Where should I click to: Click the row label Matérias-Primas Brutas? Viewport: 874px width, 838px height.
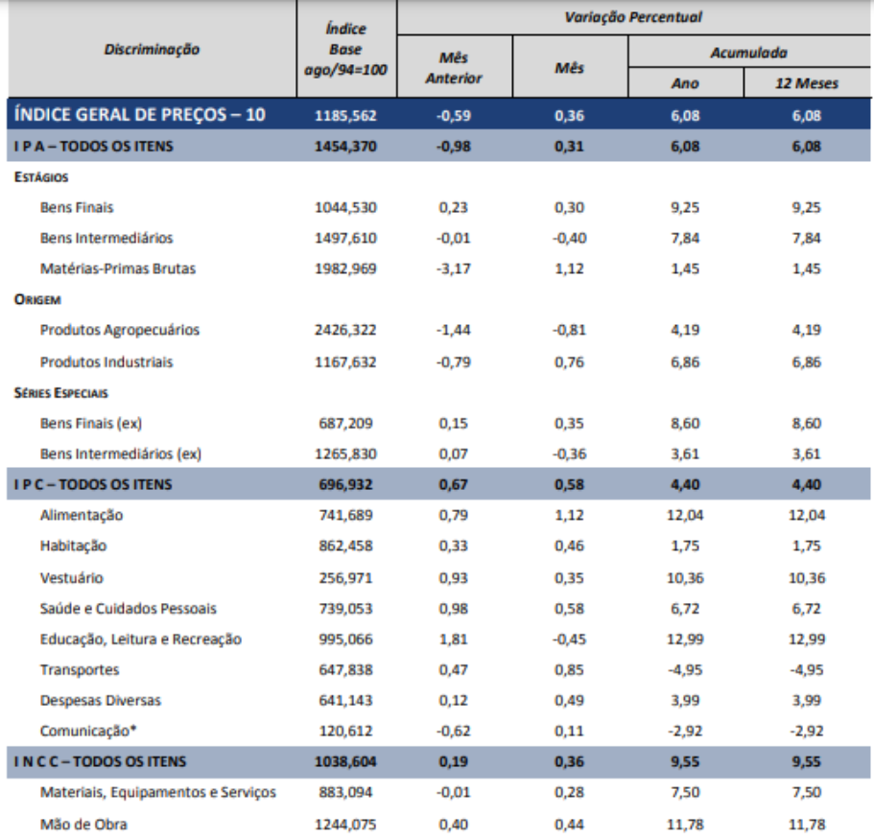(x=118, y=268)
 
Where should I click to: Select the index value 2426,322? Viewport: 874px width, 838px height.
(x=345, y=330)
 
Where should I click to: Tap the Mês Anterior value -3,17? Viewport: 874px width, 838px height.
(x=452, y=268)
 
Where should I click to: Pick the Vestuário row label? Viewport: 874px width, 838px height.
(x=72, y=577)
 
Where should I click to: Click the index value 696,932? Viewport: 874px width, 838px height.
(x=345, y=484)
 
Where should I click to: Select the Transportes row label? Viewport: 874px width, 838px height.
(x=80, y=669)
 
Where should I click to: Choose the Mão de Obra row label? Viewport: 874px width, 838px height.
(x=83, y=824)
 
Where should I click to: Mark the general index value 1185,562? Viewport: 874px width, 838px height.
(x=345, y=117)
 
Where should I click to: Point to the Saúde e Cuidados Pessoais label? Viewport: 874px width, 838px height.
(x=129, y=608)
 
